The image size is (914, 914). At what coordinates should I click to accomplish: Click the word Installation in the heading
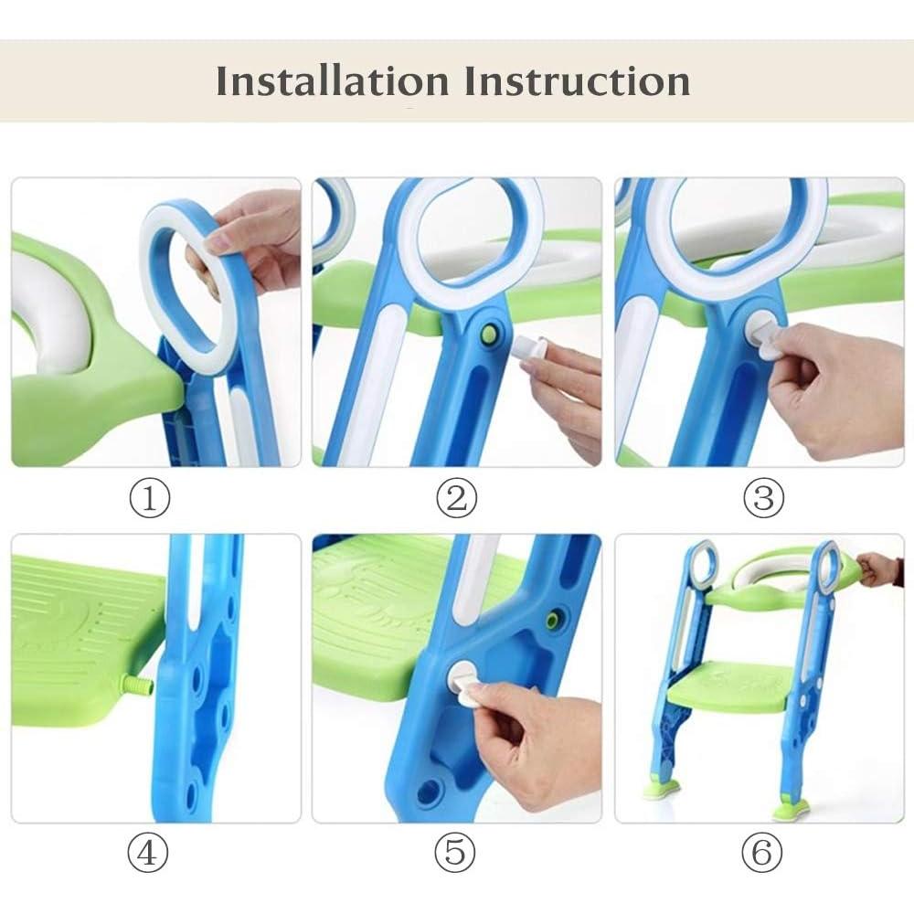(x=333, y=81)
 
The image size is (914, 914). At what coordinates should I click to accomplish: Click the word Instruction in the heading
(x=577, y=81)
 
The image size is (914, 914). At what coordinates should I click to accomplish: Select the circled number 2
(x=456, y=499)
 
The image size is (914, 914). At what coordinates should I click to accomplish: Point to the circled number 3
(x=763, y=499)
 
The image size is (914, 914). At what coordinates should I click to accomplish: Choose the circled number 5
(x=456, y=854)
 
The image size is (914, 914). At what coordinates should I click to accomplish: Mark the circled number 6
(x=763, y=854)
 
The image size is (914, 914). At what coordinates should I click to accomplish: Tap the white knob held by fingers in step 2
(x=530, y=348)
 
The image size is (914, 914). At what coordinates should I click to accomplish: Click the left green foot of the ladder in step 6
(x=663, y=789)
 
